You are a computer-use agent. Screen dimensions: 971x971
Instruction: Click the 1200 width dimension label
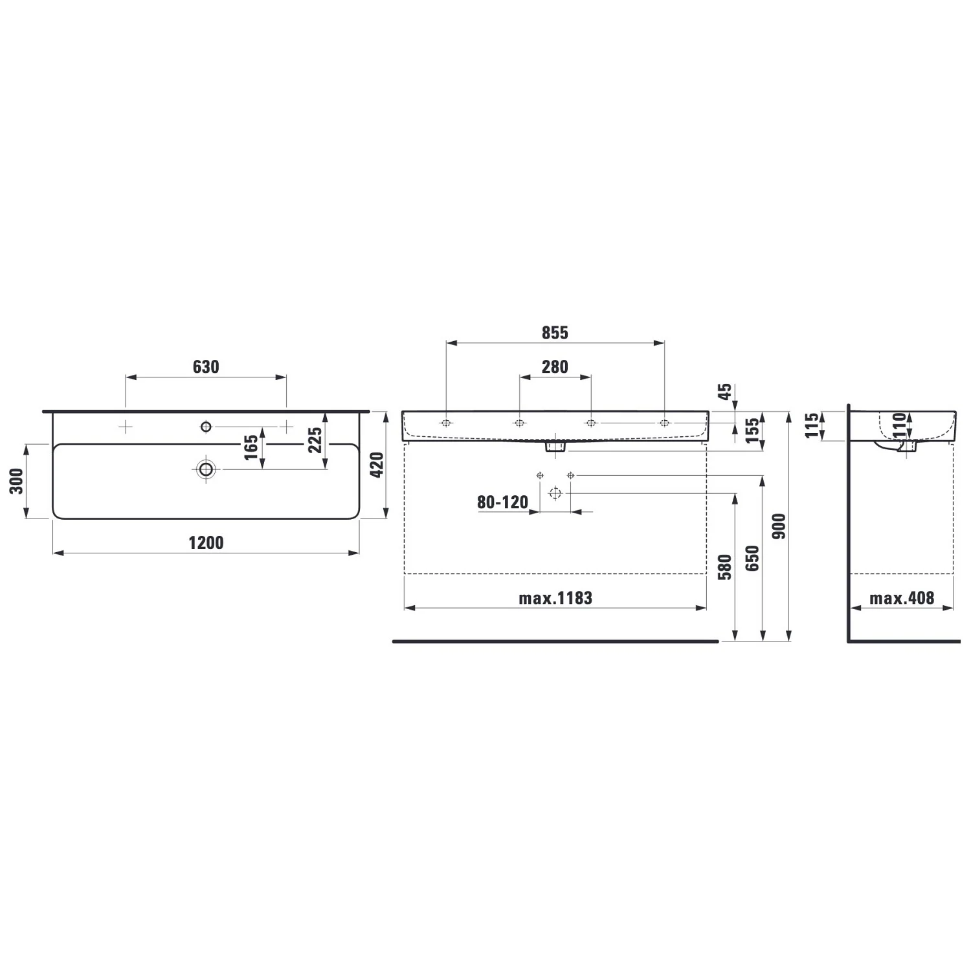206,542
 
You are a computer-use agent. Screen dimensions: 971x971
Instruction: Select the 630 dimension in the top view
206,367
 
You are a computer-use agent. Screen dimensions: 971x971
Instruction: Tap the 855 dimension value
555,333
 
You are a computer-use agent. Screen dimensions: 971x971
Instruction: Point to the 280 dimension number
555,367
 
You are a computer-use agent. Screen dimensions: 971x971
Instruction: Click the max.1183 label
555,597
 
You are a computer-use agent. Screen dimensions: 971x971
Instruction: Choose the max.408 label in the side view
902,597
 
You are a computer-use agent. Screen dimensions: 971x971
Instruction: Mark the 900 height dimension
779,526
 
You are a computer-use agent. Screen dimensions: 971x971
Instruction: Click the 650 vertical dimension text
752,559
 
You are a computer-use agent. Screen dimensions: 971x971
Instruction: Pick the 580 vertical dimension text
725,567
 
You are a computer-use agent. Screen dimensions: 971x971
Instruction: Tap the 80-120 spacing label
503,502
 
